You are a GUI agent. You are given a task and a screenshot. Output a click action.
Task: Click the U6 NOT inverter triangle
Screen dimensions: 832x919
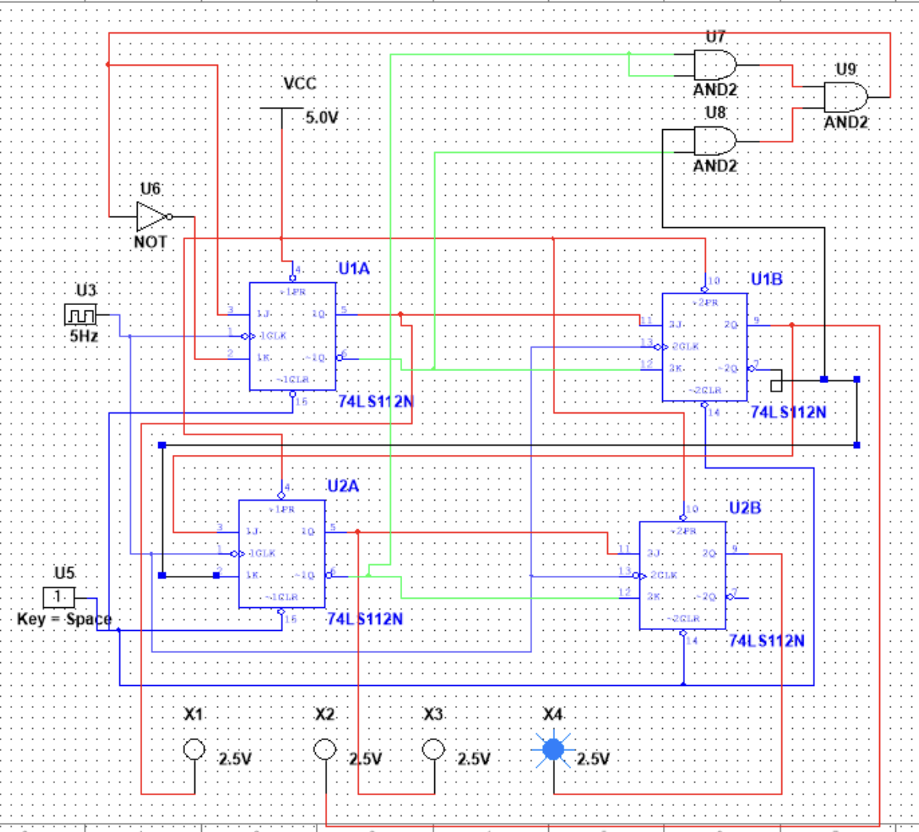click(x=151, y=216)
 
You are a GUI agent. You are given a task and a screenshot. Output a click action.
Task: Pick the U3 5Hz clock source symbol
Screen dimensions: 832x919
click(x=81, y=314)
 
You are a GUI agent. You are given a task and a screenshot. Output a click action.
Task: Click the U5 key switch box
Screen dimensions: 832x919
click(x=59, y=597)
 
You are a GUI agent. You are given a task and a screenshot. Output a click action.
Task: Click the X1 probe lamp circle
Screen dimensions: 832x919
click(x=194, y=750)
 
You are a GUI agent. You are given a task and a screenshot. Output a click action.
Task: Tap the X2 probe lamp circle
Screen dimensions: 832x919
click(x=326, y=750)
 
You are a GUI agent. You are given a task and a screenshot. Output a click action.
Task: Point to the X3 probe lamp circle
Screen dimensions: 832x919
click(x=434, y=750)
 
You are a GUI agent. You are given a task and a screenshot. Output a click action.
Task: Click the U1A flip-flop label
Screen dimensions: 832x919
click(x=354, y=269)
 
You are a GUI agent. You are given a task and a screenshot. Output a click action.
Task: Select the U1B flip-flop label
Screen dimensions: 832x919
click(x=766, y=280)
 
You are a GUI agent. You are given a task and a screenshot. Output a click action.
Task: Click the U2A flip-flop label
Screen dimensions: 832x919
click(x=343, y=486)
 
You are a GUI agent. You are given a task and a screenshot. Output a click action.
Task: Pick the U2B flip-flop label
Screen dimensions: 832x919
click(x=744, y=508)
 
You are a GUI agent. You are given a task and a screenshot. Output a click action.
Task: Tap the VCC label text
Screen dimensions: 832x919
click(x=299, y=84)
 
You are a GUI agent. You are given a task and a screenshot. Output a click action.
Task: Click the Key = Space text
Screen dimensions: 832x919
click(x=64, y=619)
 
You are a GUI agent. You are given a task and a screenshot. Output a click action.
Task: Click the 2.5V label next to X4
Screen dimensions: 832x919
click(x=593, y=759)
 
